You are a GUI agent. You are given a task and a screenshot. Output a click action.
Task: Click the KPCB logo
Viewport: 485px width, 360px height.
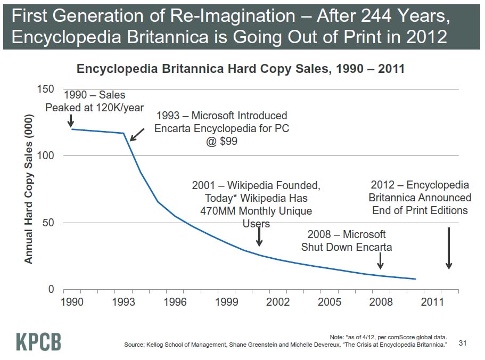38,341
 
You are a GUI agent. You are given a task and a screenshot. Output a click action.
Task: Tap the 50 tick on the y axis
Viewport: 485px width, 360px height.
48,223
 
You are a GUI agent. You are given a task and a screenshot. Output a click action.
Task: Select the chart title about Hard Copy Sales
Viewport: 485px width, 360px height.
241,69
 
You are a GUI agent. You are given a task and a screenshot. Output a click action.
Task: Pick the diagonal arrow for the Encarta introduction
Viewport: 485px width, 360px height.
137,135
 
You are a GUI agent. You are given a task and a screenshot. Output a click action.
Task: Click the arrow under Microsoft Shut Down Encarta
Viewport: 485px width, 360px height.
380,261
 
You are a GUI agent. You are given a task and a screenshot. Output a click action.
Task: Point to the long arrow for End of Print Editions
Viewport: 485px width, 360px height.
449,248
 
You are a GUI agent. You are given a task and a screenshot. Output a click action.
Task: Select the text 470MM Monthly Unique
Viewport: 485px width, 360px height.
256,211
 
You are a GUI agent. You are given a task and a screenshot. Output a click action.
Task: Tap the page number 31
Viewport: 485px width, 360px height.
462,343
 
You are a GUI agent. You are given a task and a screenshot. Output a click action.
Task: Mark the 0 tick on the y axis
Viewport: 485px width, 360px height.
51,290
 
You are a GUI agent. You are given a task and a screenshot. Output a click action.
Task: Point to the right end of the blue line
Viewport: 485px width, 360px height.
415,279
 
